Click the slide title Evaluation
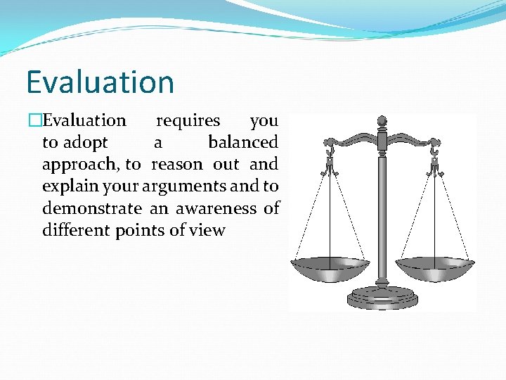point(100,82)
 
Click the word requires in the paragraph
point(188,121)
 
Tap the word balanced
point(243,143)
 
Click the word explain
point(64,186)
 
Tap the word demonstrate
point(91,208)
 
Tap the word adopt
point(86,143)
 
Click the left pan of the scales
point(330,267)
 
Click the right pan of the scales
point(434,267)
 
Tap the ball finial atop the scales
point(382,122)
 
